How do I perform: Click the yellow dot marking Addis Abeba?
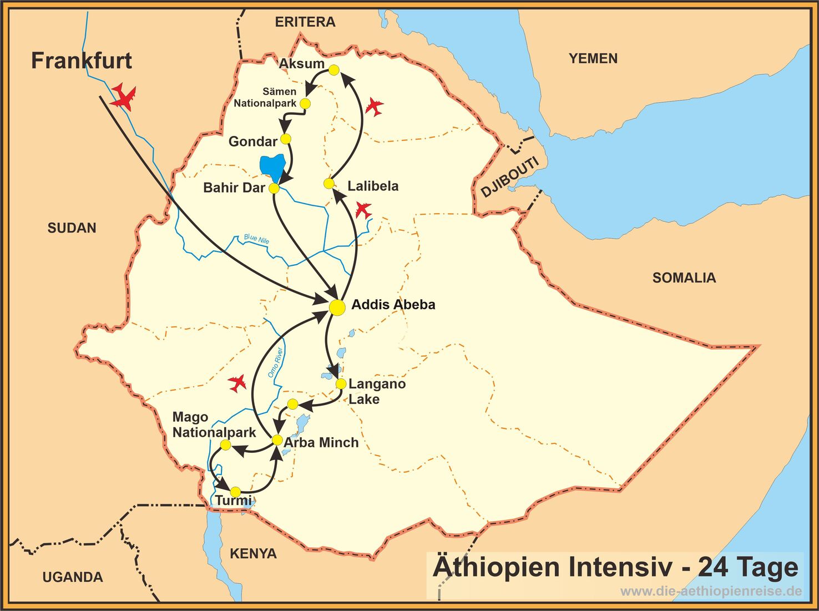pos(337,307)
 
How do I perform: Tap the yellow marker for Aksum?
pos(334,70)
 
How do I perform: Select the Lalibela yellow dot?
pos(329,184)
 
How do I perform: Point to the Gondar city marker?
pos(286,139)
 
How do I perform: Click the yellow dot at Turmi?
pos(235,492)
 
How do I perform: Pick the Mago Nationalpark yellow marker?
pos(225,445)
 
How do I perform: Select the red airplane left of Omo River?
pos(237,382)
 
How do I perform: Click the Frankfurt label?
pos(82,60)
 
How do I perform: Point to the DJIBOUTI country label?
pos(509,177)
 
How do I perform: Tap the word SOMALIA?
pos(684,277)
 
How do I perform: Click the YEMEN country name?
pos(593,58)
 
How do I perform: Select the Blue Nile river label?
pos(256,239)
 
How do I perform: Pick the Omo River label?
pos(275,362)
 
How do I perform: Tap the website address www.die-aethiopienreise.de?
pos(710,591)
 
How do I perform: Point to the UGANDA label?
pos(73,577)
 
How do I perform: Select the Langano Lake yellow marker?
pos(341,383)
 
